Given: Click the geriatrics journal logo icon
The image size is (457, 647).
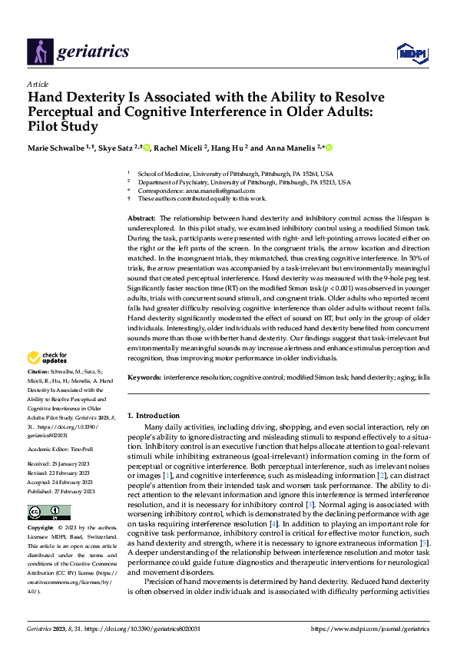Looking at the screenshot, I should click(38, 51).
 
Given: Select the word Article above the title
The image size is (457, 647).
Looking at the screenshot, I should click(38, 84).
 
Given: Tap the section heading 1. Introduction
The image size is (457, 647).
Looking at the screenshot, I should click(154, 416).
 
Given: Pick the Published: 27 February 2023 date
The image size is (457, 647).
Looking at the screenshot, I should click(61, 491).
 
